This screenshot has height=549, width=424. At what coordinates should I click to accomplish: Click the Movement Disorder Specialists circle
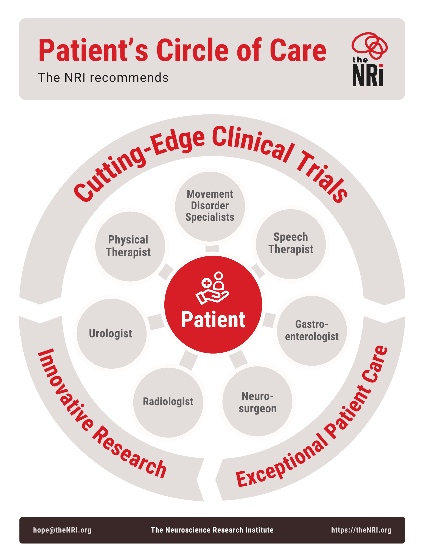pos(210,206)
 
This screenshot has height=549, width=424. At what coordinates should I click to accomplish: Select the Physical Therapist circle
pos(130,246)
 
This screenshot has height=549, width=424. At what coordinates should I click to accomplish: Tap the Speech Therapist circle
pos(291,244)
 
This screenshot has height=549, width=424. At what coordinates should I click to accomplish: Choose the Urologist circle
pos(111,334)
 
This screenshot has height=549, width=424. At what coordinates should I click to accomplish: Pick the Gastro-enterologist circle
pos(312,331)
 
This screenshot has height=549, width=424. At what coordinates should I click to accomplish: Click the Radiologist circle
pos(168,402)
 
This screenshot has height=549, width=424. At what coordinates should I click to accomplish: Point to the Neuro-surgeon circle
pos(257,401)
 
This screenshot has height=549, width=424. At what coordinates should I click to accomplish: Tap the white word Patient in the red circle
pos(213,320)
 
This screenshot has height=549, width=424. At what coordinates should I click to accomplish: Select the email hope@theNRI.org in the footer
pos(62,530)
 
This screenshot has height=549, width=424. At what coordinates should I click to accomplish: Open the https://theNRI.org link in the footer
pos(361,530)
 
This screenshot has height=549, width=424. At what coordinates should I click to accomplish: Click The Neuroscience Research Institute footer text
pos(212,530)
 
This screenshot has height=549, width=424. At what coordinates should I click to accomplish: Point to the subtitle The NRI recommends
pos(103,78)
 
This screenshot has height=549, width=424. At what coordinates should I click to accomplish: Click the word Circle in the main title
pos(192,50)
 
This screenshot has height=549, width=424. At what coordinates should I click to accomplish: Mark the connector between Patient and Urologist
pos(156,321)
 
